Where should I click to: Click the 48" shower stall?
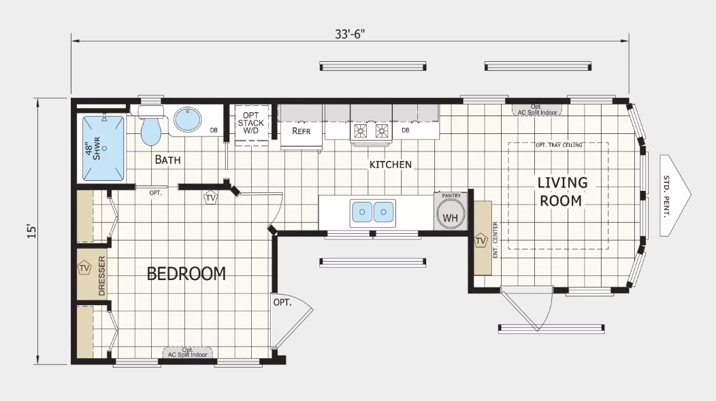click(x=103, y=148)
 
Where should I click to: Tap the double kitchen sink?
click(x=373, y=213)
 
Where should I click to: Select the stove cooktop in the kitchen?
click(x=372, y=130)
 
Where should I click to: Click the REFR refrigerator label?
click(x=302, y=130)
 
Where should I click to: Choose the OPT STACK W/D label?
click(x=251, y=123)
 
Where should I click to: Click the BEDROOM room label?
click(x=186, y=274)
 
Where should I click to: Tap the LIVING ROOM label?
click(x=562, y=192)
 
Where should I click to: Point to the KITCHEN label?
click(x=390, y=164)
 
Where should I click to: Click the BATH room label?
click(x=168, y=160)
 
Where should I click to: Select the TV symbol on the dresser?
click(x=84, y=268)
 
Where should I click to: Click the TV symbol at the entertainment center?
click(x=481, y=241)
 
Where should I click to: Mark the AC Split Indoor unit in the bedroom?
click(x=188, y=353)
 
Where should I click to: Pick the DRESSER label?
click(x=102, y=276)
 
